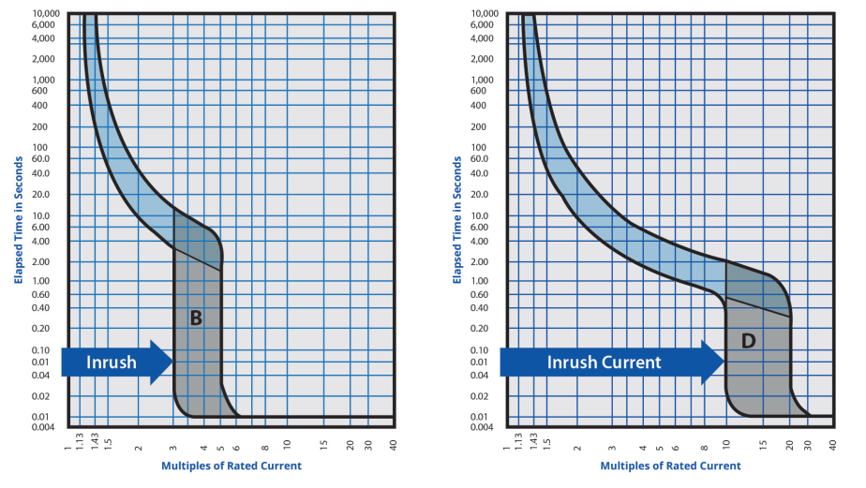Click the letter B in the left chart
[x=196, y=318]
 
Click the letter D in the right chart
[x=748, y=341]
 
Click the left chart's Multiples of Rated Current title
[x=231, y=466]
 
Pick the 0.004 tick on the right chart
[x=483, y=427]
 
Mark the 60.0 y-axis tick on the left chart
[x=44, y=158]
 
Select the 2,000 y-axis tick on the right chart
[x=482, y=59]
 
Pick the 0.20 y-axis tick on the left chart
[x=45, y=328]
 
